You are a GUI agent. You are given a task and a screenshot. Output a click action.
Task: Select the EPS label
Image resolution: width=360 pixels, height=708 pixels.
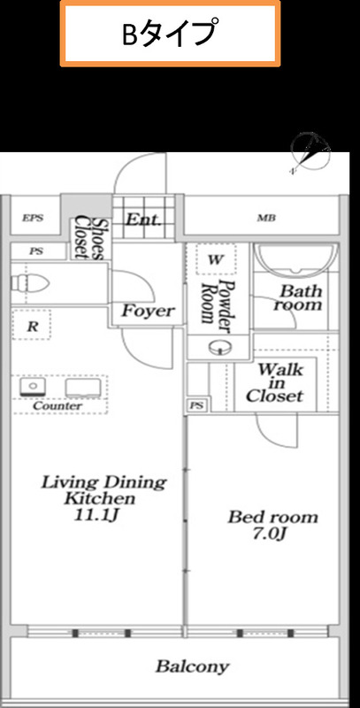33,218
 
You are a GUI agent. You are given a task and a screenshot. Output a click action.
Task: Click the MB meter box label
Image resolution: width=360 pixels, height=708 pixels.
266,219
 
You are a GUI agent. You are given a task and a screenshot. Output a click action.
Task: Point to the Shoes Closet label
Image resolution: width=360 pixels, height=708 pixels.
90,238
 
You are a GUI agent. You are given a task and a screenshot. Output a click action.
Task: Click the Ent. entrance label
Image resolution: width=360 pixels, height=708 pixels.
143,219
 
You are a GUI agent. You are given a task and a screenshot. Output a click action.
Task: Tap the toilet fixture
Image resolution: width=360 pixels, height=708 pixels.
30,283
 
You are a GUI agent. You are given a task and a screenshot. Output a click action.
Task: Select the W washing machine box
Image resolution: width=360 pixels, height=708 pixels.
216,259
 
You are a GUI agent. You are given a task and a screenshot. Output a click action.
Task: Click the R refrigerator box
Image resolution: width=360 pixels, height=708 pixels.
32,325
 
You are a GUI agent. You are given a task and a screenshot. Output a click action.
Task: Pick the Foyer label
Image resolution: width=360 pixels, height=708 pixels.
148,311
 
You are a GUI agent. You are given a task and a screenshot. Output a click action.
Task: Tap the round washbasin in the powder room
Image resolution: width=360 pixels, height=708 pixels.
220,347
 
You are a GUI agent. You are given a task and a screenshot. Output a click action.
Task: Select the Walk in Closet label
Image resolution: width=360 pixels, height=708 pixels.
275,382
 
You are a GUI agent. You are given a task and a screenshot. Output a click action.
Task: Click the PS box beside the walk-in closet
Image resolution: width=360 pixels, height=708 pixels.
197,405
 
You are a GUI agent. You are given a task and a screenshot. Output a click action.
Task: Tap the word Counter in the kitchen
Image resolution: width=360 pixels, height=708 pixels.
58,406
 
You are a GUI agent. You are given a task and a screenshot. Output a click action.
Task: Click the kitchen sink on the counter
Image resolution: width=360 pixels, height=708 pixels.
33,387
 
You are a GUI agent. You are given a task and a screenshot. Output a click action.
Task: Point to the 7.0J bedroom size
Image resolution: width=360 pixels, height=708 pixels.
270,535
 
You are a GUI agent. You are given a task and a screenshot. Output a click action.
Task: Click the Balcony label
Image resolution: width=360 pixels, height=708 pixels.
193,666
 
